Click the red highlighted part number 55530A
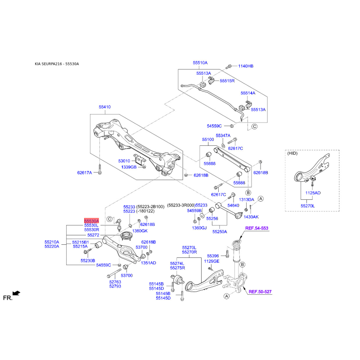point(91,221)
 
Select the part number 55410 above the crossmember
point(105,107)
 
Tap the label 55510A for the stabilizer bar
point(200,63)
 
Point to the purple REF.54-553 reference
point(256,228)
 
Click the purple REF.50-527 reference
point(260,292)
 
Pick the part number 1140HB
point(246,66)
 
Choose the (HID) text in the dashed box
point(292,153)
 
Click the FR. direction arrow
point(16,293)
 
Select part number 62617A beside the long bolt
point(85,172)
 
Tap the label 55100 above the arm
point(208,139)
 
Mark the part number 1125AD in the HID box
point(313,193)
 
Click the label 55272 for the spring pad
point(93,235)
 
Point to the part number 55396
point(213,256)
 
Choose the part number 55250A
point(220,232)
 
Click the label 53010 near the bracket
point(124,161)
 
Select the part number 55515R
point(227,81)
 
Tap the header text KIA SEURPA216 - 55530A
point(57,64)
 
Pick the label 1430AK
point(251,217)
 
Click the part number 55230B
point(88,261)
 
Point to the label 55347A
point(223,135)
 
